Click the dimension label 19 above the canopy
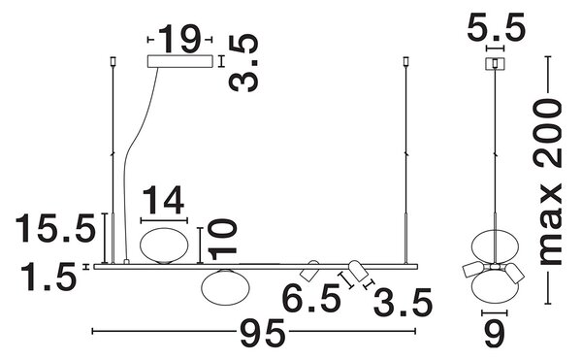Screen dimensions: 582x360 click(x=180, y=39)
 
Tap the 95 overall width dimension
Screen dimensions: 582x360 click(x=263, y=333)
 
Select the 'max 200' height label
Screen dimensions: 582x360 click(x=548, y=181)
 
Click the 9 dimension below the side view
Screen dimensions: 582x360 click(x=495, y=334)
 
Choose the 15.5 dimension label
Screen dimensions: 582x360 click(x=55, y=228)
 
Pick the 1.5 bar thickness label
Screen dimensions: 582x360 click(x=48, y=277)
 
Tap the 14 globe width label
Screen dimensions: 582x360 click(x=163, y=200)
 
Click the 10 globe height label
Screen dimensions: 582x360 click(x=222, y=240)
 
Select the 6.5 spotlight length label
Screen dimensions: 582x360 click(x=311, y=298)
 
